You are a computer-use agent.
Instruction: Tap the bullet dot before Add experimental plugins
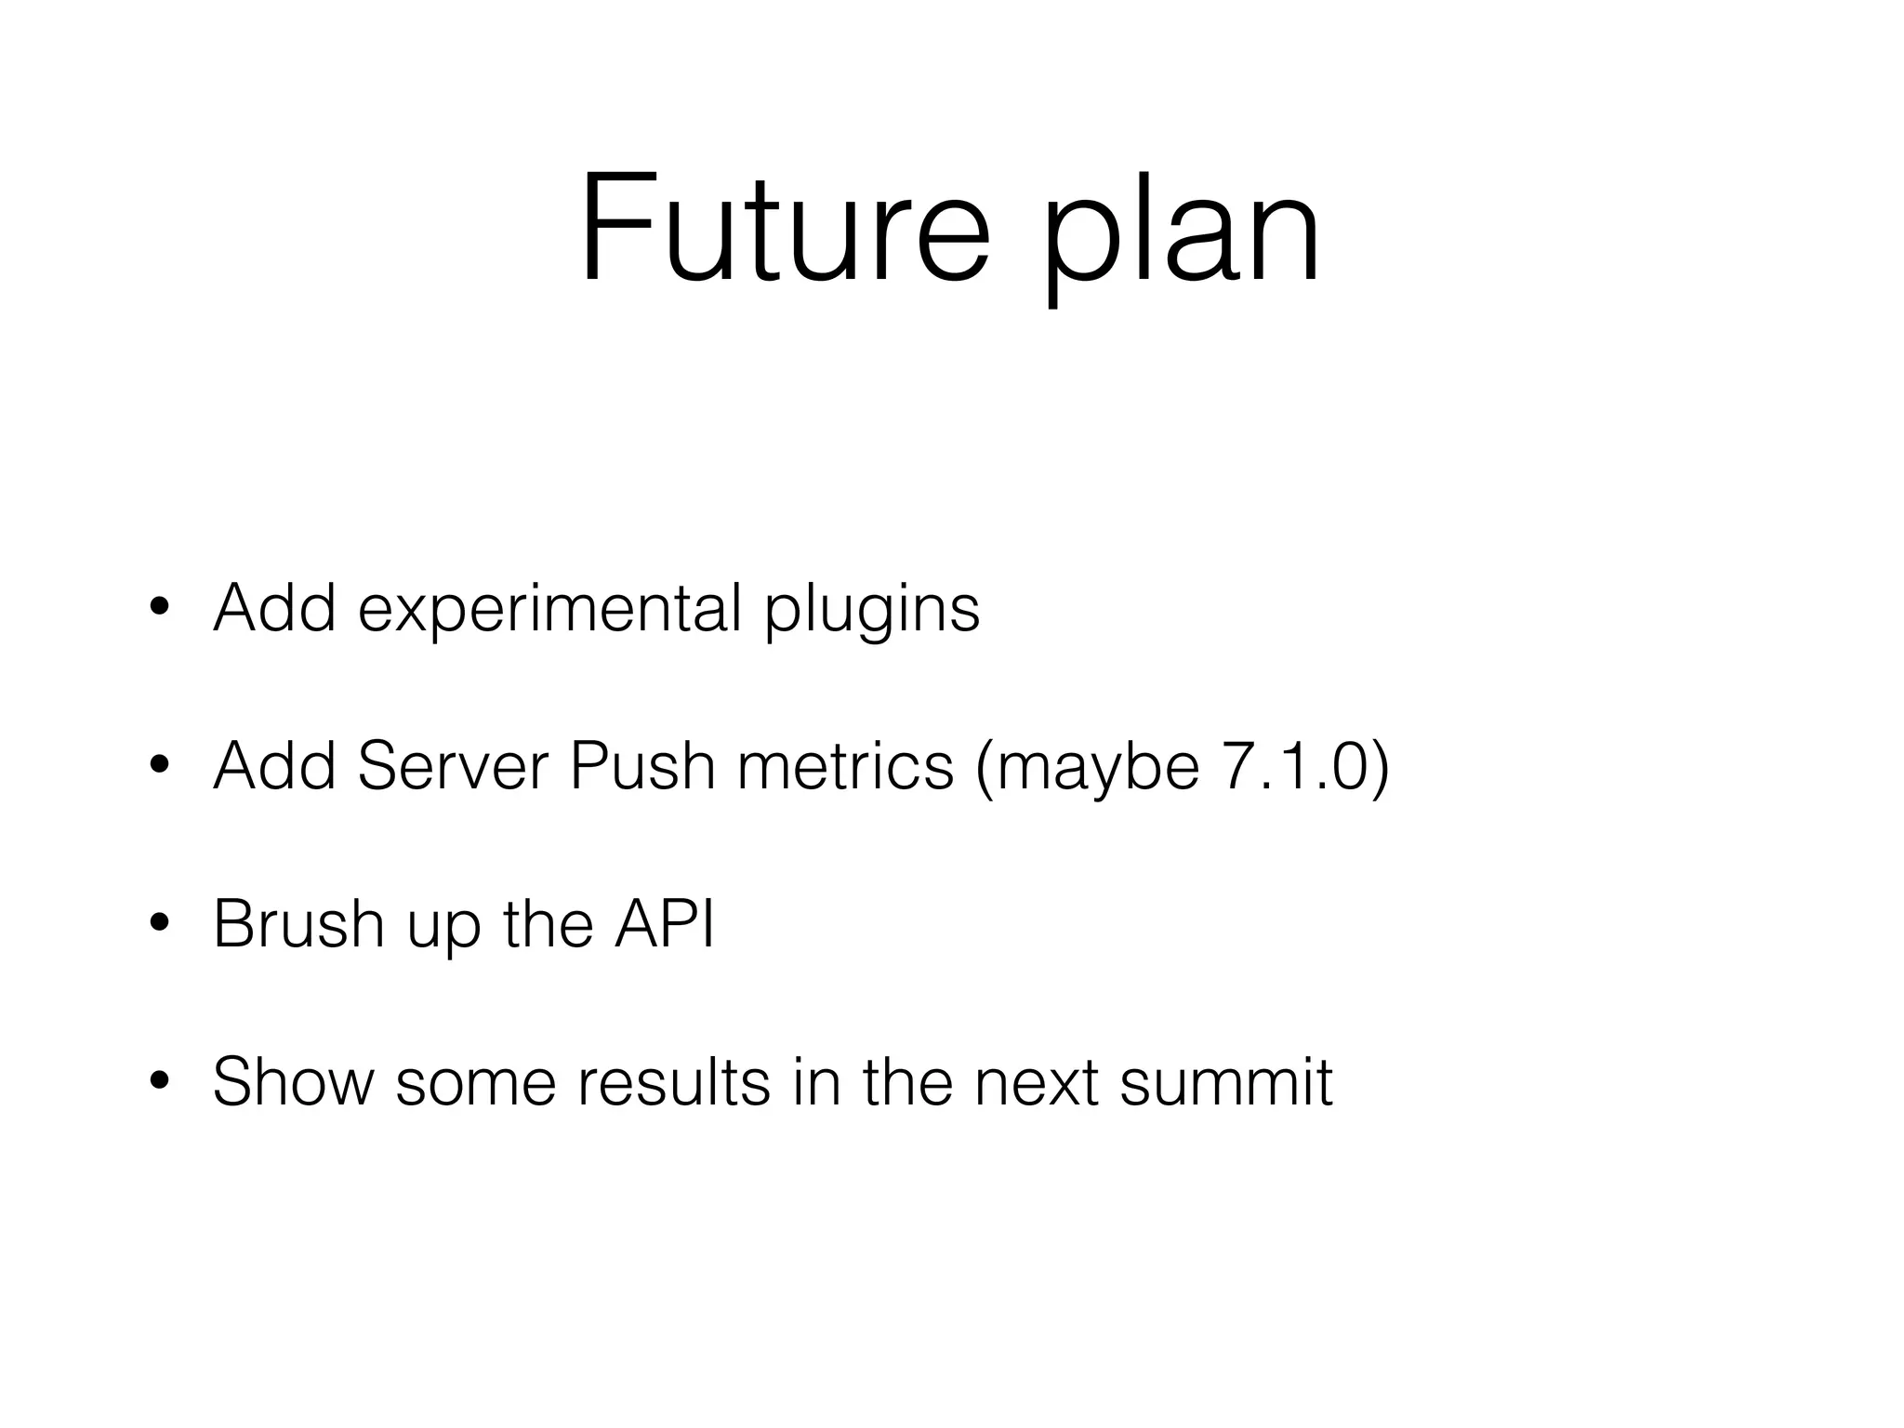(x=159, y=608)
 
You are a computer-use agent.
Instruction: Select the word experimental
(x=549, y=610)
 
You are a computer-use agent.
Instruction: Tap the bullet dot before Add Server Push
(x=159, y=766)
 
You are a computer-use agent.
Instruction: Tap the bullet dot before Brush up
(x=159, y=924)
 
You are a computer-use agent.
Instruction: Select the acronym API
(x=664, y=924)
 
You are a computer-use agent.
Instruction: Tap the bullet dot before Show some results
(x=159, y=1081)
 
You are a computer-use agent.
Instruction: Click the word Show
(x=293, y=1081)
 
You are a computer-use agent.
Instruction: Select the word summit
(x=1226, y=1081)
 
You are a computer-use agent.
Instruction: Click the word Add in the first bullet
(x=274, y=608)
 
